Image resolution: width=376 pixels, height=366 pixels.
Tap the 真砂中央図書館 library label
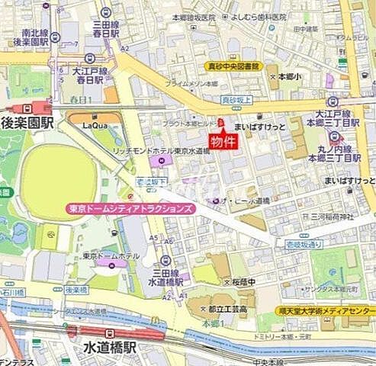233,66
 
